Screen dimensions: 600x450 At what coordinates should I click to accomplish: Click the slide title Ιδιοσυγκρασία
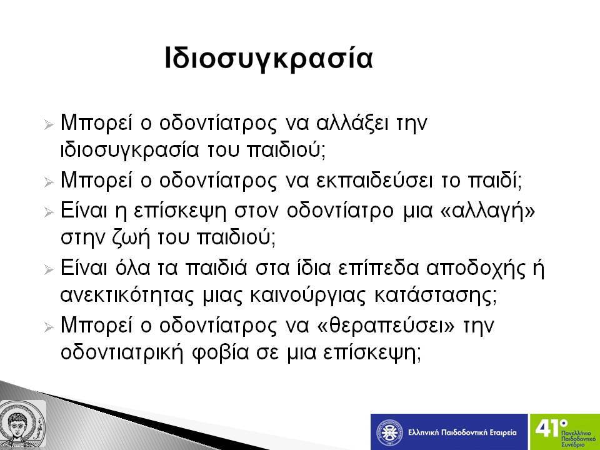tap(269, 59)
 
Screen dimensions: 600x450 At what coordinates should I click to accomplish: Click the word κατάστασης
tap(436, 296)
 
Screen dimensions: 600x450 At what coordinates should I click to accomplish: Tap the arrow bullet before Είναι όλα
tap(49, 270)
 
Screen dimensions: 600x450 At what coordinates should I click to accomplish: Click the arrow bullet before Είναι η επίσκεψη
tap(49, 212)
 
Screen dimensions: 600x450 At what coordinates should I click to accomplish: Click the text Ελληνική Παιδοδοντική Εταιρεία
tap(462, 432)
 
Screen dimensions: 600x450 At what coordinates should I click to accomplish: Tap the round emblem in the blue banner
tap(389, 432)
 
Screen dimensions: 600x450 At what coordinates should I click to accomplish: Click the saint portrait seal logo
tap(22, 424)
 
